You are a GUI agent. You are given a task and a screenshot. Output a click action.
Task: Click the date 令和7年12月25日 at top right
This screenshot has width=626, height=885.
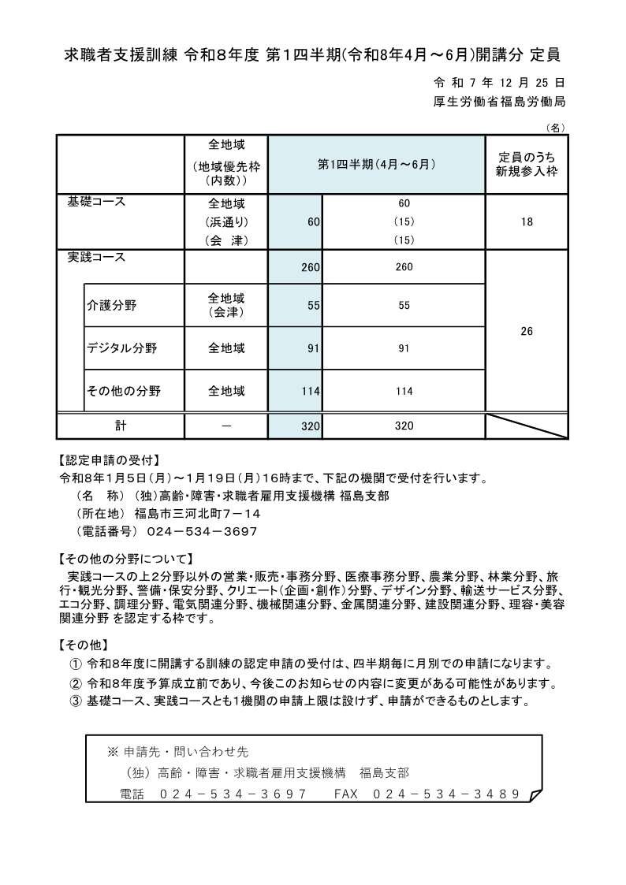point(499,82)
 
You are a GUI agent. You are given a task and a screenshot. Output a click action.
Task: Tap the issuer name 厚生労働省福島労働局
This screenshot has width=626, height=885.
point(499,102)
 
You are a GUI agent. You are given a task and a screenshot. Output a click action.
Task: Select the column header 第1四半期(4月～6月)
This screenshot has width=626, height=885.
point(376,165)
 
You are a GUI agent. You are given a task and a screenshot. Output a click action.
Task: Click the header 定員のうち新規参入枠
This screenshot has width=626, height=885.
point(527,165)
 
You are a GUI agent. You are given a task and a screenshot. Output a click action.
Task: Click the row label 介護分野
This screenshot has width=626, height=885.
point(112,306)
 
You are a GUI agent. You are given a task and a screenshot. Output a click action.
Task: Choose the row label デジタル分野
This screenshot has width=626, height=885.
point(122,348)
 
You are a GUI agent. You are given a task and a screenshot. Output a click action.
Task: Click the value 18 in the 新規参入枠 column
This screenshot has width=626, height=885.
point(527,222)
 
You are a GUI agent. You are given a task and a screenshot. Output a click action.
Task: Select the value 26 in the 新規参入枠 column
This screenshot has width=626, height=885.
point(527,332)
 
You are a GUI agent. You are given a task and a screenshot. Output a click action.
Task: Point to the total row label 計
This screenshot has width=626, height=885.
point(120,426)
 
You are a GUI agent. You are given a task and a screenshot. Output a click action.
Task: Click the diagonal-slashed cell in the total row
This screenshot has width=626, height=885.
point(527,426)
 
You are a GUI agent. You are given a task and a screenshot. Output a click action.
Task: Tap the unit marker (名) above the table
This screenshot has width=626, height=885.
point(556,127)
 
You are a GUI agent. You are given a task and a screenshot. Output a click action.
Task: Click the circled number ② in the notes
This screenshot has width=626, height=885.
point(76,683)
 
